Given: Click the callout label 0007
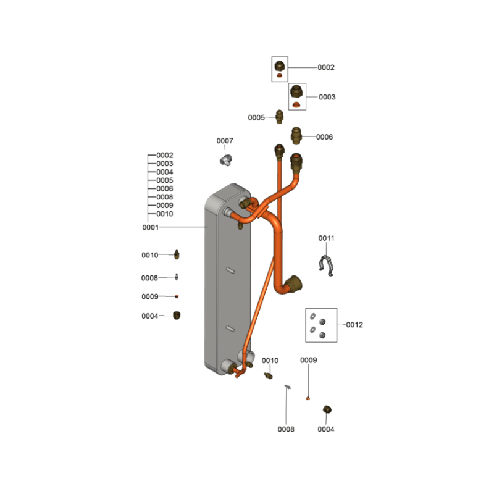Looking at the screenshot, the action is point(225,141).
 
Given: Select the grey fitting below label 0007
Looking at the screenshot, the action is point(225,161).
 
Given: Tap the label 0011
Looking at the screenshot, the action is point(326,238).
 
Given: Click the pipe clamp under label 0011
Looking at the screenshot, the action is point(327,266).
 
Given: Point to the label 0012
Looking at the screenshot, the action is point(354,325).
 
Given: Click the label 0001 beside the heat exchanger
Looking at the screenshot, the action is point(150,227).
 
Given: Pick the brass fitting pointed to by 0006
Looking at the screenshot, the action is point(296,136).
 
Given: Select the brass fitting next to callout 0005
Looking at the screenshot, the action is point(280,117).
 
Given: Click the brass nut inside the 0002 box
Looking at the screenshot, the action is point(280,66).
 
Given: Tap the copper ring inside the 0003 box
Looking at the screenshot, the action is point(296,104).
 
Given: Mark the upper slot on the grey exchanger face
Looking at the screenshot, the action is point(230,270).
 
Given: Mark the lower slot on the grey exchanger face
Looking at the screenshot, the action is point(230,329).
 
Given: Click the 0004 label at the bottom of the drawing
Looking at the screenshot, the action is point(326,429).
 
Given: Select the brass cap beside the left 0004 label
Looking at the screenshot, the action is point(177,316).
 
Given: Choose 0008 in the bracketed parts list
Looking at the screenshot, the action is point(165,197).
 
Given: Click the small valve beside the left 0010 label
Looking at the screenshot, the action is point(177,254).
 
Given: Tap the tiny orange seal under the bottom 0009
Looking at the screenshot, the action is point(308,398).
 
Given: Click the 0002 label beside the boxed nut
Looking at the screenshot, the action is point(326,68).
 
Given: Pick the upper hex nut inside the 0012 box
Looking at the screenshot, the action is point(322,322).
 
